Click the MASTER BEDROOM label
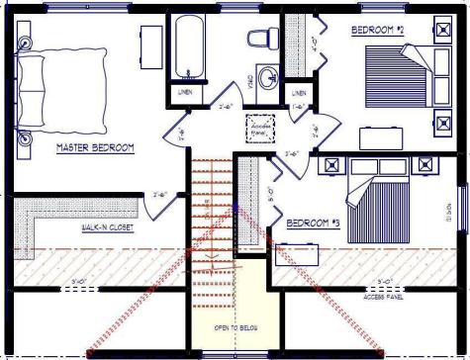point(95,149)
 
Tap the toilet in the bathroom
point(261,40)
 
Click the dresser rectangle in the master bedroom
point(151,45)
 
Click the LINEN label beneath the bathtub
point(185,92)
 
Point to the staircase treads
point(210,227)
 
